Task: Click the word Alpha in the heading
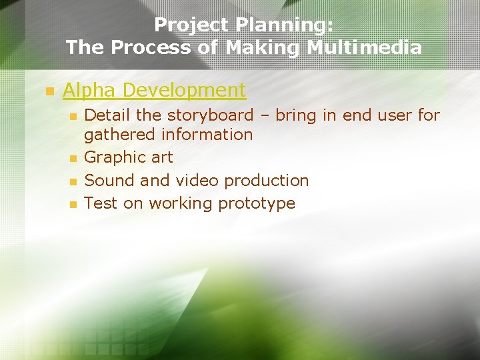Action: [91, 90]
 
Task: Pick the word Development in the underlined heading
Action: [185, 90]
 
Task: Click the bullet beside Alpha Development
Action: [48, 91]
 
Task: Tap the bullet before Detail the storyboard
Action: [74, 116]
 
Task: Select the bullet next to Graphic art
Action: [74, 159]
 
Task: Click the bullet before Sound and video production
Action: [74, 181]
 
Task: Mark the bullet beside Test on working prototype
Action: [74, 204]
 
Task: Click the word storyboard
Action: [210, 115]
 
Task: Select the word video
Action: [197, 181]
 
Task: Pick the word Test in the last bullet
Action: [101, 203]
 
